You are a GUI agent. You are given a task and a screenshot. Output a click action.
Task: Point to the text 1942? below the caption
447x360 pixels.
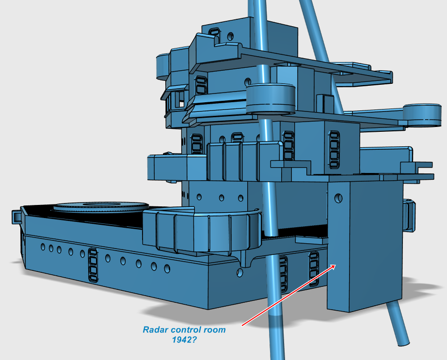(184, 340)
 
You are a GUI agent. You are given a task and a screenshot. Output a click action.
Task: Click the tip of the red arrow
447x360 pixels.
(335, 265)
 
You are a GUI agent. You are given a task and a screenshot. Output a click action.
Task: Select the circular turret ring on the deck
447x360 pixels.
(101, 207)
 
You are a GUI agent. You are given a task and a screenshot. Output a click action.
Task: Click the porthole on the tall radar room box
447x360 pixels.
(338, 198)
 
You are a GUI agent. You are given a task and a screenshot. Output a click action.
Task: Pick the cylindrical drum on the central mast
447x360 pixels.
(270, 98)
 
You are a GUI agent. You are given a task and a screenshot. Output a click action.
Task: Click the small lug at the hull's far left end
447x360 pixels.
(16, 217)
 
